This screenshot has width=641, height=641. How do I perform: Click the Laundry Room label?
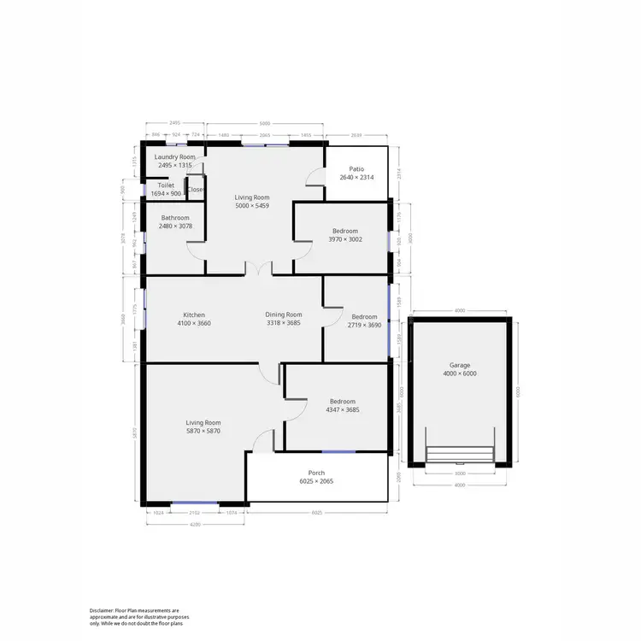tap(175, 157)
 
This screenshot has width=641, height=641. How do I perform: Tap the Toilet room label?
tap(166, 185)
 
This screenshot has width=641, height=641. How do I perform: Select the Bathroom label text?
tap(175, 218)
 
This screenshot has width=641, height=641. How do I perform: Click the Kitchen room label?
tap(194, 315)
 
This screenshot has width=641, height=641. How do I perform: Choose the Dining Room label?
tap(284, 315)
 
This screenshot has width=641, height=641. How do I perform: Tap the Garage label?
tap(460, 365)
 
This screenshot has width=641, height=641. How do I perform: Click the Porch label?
tap(316, 473)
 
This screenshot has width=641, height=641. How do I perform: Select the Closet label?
tap(196, 190)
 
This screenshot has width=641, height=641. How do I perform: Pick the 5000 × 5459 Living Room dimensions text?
tap(252, 207)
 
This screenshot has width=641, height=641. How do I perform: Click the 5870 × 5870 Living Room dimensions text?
tap(203, 432)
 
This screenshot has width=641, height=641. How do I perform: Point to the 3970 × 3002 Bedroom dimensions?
tap(345, 240)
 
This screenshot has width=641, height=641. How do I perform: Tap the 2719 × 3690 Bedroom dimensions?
tap(363, 325)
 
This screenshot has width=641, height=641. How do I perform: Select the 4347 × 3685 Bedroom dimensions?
tap(342, 410)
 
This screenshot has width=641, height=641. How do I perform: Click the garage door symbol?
tap(460, 454)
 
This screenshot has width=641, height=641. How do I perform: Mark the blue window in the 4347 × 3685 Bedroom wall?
tap(338, 451)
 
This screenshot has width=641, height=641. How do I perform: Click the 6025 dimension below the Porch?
tap(316, 513)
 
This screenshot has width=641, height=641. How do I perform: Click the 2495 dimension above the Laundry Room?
tap(174, 123)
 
